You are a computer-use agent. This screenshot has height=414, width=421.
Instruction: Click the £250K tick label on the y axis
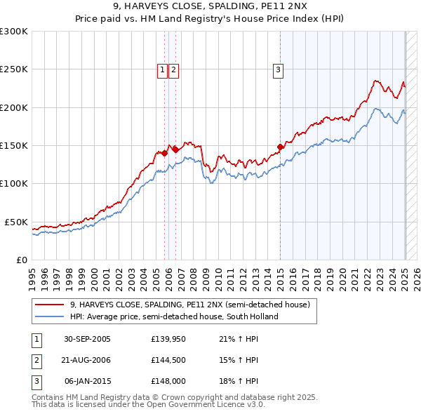tap(14, 69)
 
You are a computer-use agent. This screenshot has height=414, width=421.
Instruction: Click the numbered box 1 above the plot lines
tap(163, 69)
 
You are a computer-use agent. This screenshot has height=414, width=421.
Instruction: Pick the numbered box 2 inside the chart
tap(173, 69)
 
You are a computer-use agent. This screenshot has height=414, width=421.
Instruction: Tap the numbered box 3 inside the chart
tap(279, 69)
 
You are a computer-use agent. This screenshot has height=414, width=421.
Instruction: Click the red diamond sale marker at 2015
tap(280, 147)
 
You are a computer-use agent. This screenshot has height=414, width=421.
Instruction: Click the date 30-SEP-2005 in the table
tap(87, 340)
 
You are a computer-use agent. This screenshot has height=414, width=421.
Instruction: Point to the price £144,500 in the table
tap(167, 360)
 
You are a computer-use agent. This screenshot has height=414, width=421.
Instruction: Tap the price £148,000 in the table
tap(167, 381)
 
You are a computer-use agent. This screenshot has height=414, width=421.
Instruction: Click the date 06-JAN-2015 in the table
tap(87, 381)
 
